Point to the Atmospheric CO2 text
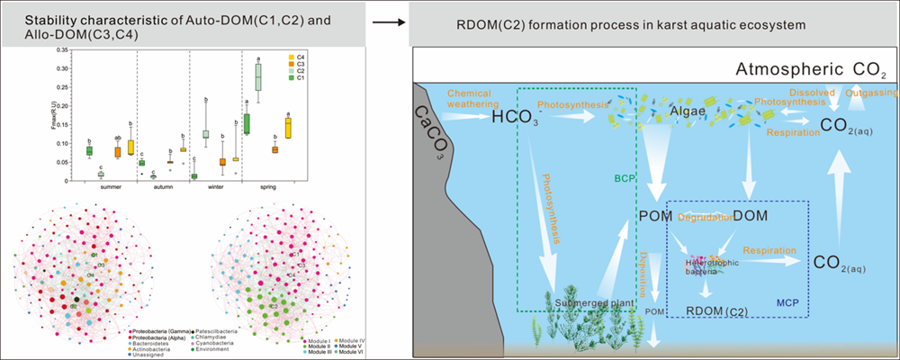[x=810, y=70]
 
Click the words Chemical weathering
[x=469, y=98]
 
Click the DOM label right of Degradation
[x=751, y=215]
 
